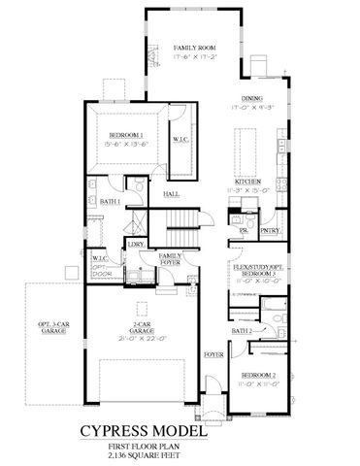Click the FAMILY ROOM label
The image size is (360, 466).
point(193,48)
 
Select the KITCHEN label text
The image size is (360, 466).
point(245,181)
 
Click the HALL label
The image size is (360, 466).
point(171,195)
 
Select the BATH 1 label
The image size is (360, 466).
point(110,201)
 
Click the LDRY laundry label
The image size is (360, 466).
point(135,246)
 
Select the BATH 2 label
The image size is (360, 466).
point(241,331)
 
